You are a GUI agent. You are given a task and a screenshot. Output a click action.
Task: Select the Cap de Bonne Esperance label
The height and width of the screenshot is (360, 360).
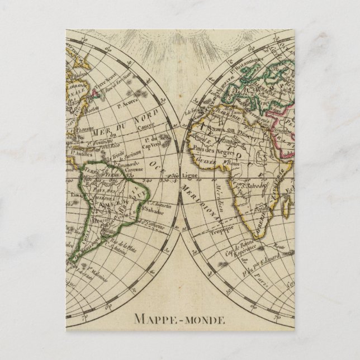pyautogui.click(x=244, y=246)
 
